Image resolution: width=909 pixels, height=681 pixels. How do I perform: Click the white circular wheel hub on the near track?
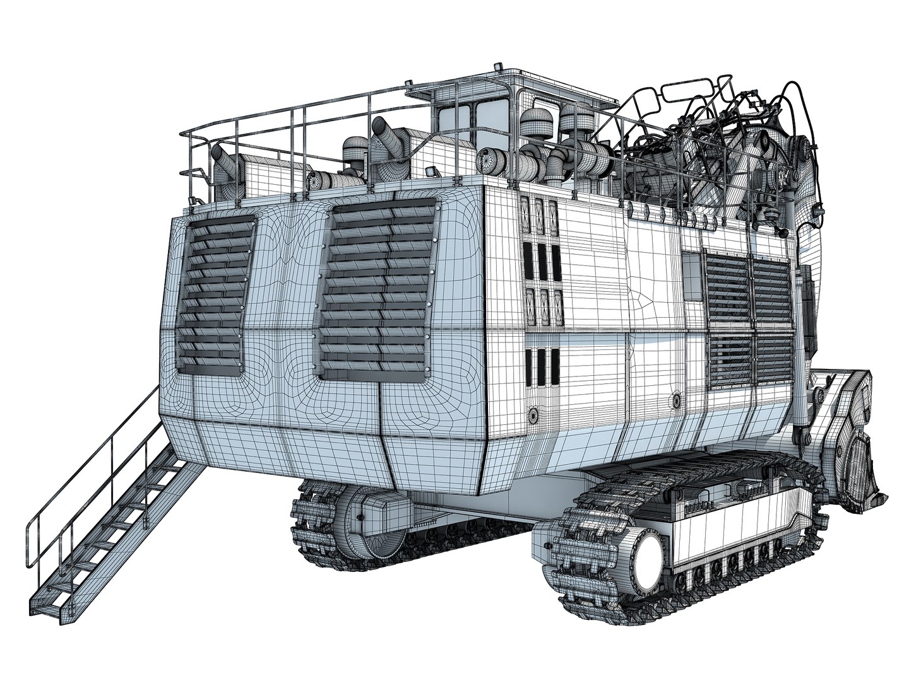click(647, 556)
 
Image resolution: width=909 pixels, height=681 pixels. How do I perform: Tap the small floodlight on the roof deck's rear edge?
click(431, 172)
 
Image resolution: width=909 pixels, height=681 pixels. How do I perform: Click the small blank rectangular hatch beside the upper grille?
click(692, 278)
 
